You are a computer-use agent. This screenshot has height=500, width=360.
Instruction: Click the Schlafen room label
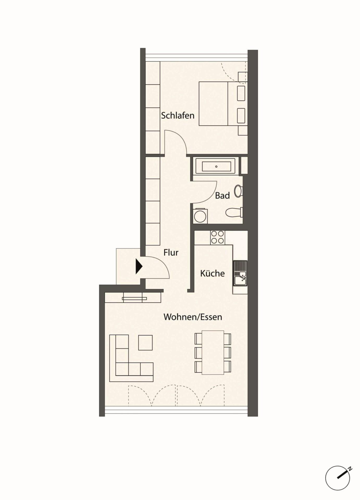pos(178,115)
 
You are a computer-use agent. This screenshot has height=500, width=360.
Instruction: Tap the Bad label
pos(222,196)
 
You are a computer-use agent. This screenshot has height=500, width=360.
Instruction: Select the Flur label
pos(171,252)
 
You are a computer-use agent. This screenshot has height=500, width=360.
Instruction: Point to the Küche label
pos(212,273)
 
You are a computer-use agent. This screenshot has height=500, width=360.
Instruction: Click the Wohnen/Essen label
pos(193,317)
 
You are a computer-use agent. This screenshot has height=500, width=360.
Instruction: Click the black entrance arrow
pos(139,266)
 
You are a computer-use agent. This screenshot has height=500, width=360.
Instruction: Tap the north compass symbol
pos(338,478)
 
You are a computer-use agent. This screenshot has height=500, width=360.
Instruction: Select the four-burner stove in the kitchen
pos(218,238)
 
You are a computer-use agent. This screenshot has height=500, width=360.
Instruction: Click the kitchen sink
pos(240,273)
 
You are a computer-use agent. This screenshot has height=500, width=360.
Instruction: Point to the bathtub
pos(216,166)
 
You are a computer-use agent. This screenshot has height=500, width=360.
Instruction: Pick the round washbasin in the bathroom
pos(238,191)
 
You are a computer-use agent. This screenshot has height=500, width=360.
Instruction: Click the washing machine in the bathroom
pos(200,216)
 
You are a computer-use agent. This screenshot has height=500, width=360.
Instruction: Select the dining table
pos(213,353)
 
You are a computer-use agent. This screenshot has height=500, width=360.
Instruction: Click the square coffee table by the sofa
pos(145,343)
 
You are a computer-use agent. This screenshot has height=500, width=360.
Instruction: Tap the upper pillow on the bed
pos(241,93)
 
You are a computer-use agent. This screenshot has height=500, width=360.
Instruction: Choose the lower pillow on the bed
pos(241,116)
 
